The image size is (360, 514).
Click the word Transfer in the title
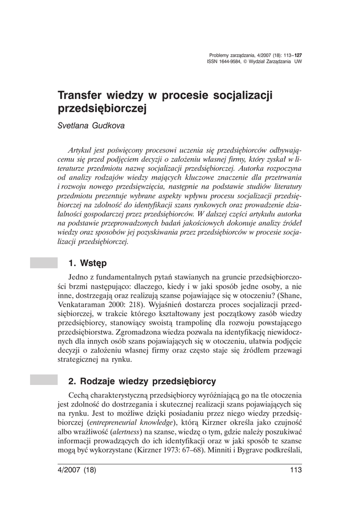[80, 95]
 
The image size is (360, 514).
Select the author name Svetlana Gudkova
[91, 125]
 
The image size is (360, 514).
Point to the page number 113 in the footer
[295, 470]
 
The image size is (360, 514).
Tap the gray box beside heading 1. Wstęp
[44, 263]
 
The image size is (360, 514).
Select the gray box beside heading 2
[44, 380]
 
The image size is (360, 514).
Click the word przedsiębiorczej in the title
[101, 108]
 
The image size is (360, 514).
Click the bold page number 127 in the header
[298, 55]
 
